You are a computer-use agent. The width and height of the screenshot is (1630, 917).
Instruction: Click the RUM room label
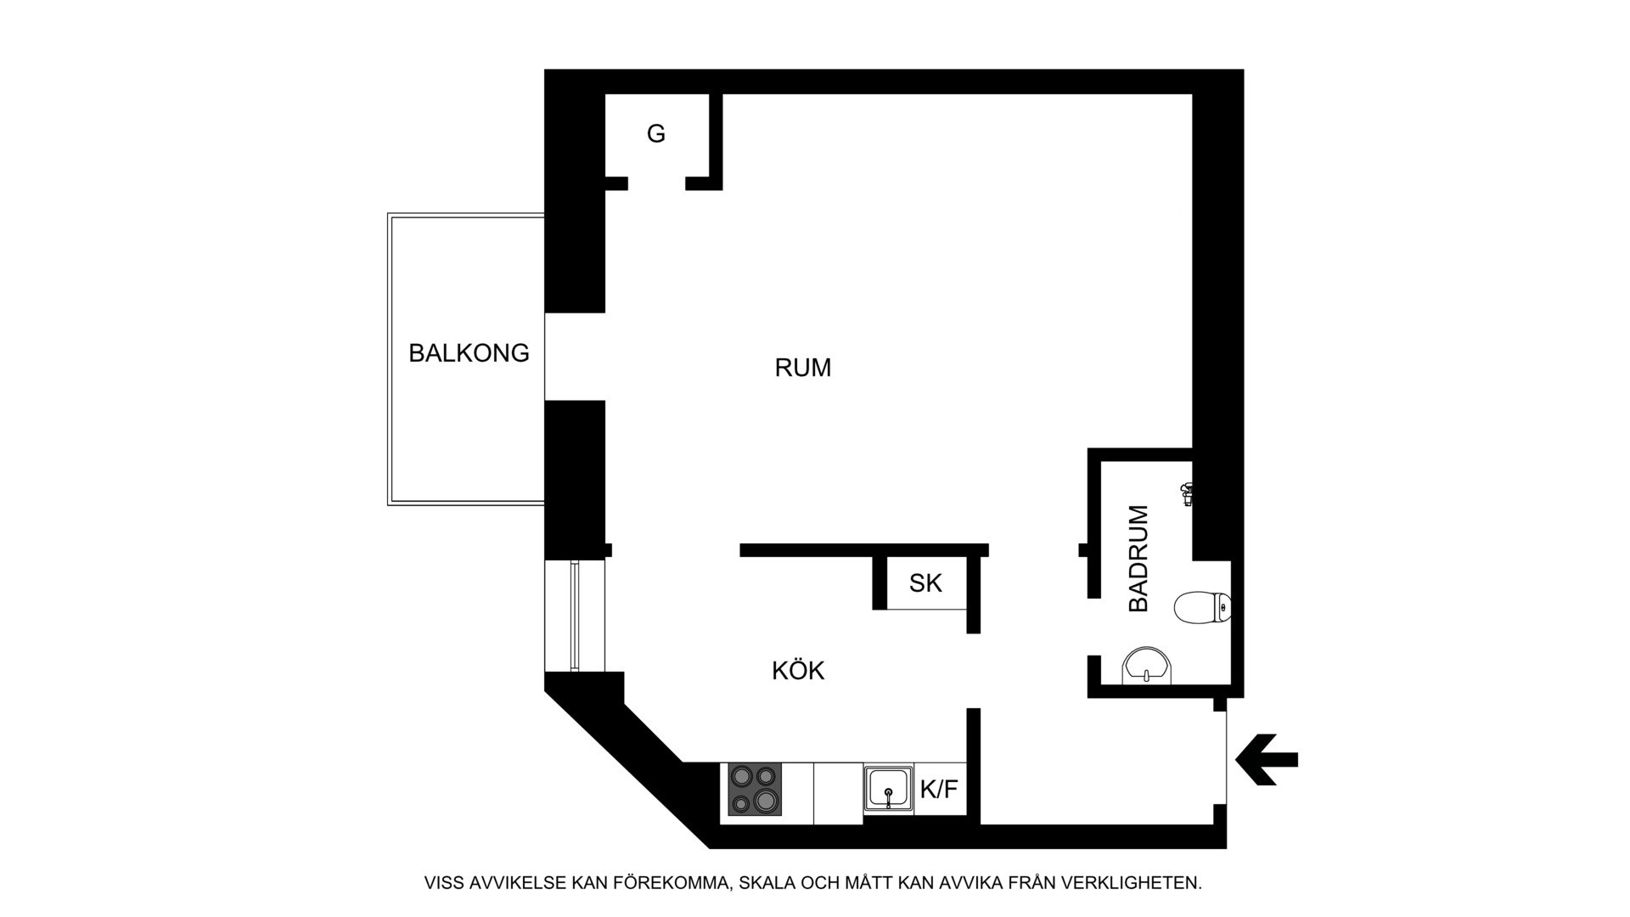click(802, 368)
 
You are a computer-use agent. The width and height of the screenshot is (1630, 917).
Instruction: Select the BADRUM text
click(1138, 558)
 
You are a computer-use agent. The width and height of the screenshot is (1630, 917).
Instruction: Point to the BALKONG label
click(469, 352)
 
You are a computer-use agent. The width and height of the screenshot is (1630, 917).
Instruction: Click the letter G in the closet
click(656, 133)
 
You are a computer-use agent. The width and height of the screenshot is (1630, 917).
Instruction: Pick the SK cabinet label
click(925, 583)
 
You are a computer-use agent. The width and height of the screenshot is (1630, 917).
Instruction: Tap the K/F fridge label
click(939, 790)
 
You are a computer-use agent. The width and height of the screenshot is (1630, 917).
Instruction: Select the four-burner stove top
click(755, 790)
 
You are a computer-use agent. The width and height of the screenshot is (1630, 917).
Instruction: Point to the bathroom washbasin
click(1147, 667)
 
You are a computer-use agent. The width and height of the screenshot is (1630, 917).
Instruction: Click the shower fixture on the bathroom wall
click(1187, 493)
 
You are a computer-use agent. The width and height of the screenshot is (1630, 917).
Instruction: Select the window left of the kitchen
click(575, 616)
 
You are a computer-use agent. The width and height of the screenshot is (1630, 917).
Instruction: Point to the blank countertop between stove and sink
click(839, 793)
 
